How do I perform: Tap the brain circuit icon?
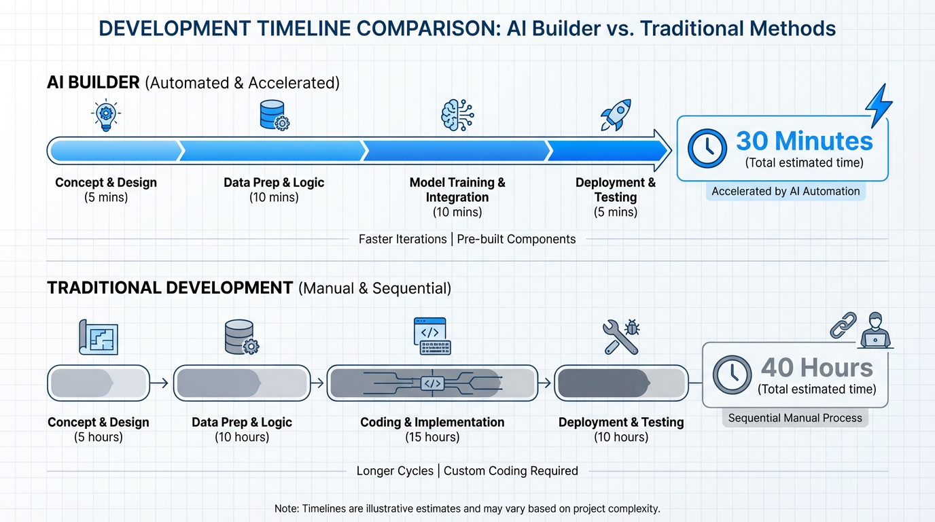point(457,115)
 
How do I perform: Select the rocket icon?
point(616,115)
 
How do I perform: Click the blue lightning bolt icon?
point(879,105)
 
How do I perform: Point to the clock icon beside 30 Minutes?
point(707,149)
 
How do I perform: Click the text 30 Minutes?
point(805,141)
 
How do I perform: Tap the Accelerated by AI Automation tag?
point(786,192)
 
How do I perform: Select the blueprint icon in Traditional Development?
point(99,337)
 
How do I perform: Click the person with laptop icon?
point(875,330)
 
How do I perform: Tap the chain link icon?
point(843,325)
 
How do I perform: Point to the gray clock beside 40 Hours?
point(732,375)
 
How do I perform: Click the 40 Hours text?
point(817,368)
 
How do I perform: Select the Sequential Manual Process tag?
point(795,418)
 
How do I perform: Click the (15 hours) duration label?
point(432,437)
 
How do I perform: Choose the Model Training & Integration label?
point(457,190)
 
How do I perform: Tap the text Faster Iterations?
point(403,239)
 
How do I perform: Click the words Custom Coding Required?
point(510,471)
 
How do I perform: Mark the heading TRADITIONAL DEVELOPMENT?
point(170,288)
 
